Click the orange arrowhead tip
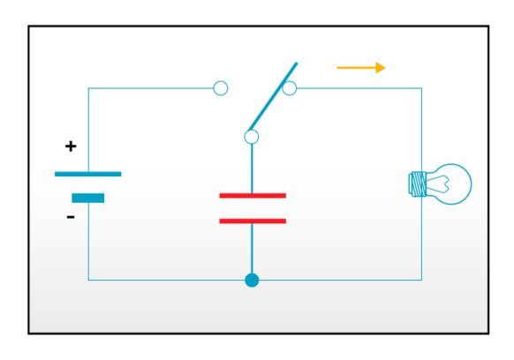pyautogui.click(x=385, y=67)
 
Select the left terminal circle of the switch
pyautogui.click(x=221, y=88)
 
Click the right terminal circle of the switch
pyautogui.click(x=290, y=88)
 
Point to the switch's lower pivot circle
pyautogui.click(x=252, y=137)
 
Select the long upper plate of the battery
pyautogui.click(x=88, y=173)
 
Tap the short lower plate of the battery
pyautogui.click(x=88, y=198)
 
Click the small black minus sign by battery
pyautogui.click(x=71, y=217)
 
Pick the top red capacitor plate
pyautogui.click(x=253, y=195)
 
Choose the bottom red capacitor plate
pyautogui.click(x=253, y=221)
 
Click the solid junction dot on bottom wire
pyautogui.click(x=252, y=280)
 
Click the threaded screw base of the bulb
pyautogui.click(x=418, y=184)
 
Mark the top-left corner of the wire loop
pyautogui.click(x=88, y=88)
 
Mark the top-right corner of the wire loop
pyautogui.click(x=421, y=88)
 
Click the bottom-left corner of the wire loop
pyautogui.click(x=88, y=280)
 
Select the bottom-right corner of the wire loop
pyautogui.click(x=421, y=280)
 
